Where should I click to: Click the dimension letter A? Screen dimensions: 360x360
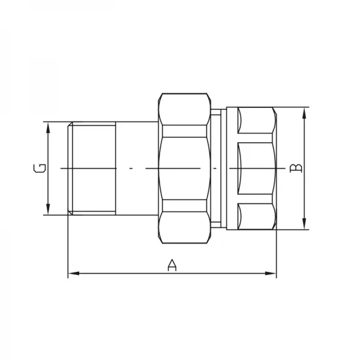click(172, 265)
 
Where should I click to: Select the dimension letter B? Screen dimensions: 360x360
click(295, 169)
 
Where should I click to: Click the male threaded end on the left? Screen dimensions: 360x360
click(92, 169)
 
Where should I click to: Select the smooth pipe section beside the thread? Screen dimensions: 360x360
click(138, 169)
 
